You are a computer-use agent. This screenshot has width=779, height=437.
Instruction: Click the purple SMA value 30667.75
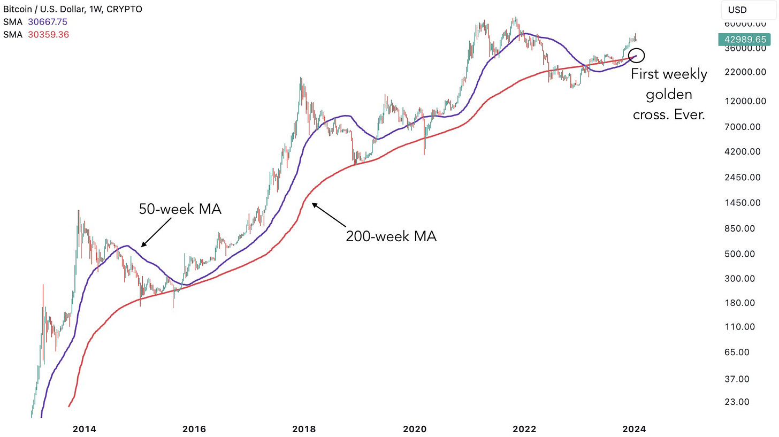(x=48, y=22)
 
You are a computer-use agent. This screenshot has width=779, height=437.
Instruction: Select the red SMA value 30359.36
(x=48, y=34)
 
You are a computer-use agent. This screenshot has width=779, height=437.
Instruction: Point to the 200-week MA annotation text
(x=391, y=236)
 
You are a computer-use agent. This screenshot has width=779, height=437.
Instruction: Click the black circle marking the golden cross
(x=637, y=55)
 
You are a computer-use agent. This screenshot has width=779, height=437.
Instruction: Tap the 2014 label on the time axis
(x=85, y=428)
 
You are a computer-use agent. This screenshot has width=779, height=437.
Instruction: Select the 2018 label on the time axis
(x=304, y=428)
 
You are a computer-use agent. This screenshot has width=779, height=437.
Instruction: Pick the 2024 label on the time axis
(x=633, y=428)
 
